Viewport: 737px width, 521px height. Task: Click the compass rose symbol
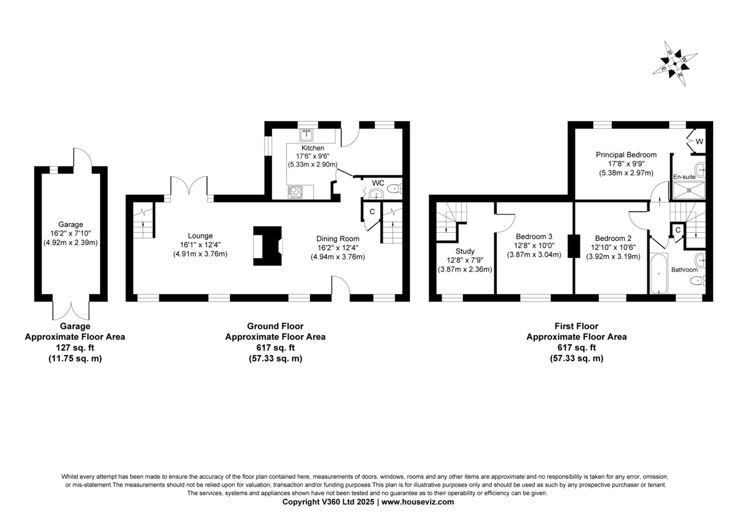(x=675, y=64)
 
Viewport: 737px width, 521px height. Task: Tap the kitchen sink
(x=306, y=135)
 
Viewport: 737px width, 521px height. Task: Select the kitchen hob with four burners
(x=295, y=192)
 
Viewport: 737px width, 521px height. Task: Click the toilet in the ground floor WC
(x=394, y=189)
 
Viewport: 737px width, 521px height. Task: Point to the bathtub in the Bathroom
(x=658, y=273)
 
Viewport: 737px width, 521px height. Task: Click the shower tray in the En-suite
(x=689, y=190)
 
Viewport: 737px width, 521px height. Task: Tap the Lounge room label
(x=200, y=236)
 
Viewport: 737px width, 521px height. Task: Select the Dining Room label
(x=338, y=238)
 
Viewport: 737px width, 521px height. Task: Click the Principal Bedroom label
(x=626, y=155)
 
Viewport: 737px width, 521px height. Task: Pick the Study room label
(x=465, y=251)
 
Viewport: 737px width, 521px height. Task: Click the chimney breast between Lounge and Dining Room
(x=268, y=246)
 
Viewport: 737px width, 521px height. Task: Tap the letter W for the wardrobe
(x=700, y=141)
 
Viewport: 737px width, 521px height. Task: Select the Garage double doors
(x=71, y=310)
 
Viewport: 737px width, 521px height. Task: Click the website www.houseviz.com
(x=418, y=502)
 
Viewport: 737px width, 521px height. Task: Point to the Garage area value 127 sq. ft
(x=75, y=348)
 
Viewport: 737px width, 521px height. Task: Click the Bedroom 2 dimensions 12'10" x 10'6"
(x=614, y=247)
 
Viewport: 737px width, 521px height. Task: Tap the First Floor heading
(x=577, y=326)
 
